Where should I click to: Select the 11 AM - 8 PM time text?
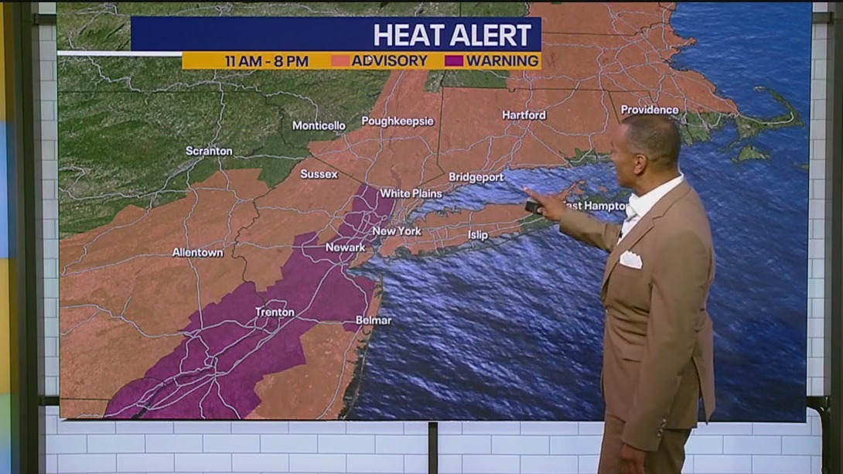click(266, 61)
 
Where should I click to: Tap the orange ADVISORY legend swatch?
click(340, 60)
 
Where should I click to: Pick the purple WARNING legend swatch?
click(454, 60)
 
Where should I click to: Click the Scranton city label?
click(209, 151)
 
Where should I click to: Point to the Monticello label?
click(319, 125)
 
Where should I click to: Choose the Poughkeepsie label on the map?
click(398, 121)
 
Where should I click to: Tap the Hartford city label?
click(524, 115)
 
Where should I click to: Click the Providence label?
click(650, 110)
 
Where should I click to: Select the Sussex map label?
click(319, 174)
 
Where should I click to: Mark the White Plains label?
click(411, 193)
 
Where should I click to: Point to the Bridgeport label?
click(476, 177)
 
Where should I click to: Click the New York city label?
click(396, 231)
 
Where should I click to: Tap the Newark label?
click(345, 247)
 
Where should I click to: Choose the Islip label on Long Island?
click(478, 235)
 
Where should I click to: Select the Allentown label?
click(197, 252)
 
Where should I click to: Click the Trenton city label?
click(275, 312)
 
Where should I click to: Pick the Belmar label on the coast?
click(374, 320)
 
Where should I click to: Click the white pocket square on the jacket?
click(630, 260)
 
